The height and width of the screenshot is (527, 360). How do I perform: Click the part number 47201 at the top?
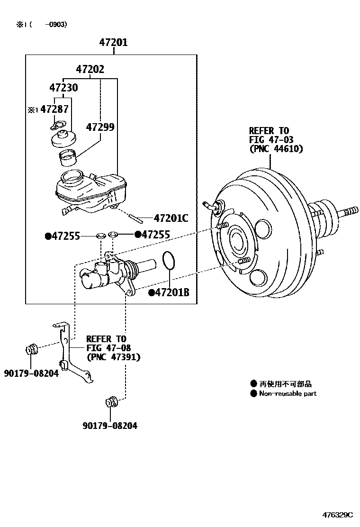[x=113, y=43]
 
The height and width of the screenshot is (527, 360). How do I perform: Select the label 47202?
[x=90, y=69]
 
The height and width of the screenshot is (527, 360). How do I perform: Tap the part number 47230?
[x=63, y=88]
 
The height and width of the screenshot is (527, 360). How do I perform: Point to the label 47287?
[x=54, y=109]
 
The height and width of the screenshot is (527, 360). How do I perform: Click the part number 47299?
[x=100, y=127]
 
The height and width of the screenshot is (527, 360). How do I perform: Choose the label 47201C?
[x=171, y=218]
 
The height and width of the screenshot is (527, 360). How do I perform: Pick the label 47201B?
[x=172, y=293]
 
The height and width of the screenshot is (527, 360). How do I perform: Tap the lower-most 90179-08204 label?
[x=109, y=426]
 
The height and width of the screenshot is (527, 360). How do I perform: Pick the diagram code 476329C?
[x=338, y=515]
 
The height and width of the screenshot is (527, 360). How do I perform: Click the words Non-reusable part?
[x=288, y=393]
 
